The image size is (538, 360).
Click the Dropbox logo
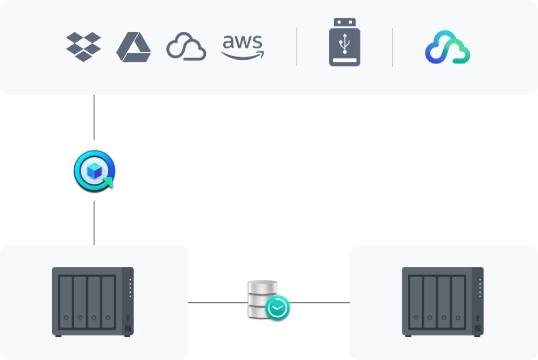pyautogui.click(x=83, y=47)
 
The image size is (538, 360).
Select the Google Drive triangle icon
pyautogui.click(x=133, y=47)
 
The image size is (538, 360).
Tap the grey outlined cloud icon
pyautogui.click(x=186, y=47)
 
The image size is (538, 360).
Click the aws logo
pyautogui.click(x=243, y=47)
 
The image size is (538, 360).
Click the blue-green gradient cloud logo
pyautogui.click(x=448, y=48)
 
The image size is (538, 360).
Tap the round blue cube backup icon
pyautogui.click(x=94, y=170)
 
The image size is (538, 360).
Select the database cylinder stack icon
pyautogui.click(x=263, y=299)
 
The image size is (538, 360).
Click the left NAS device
pyautogui.click(x=93, y=302)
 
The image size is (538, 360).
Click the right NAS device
pyautogui.click(x=443, y=302)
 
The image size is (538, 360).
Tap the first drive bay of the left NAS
pyautogui.click(x=66, y=302)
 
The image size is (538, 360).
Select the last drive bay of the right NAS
pyautogui.click(x=458, y=302)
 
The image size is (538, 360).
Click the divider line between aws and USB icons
pyautogui.click(x=296, y=47)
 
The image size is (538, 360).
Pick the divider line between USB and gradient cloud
pyautogui.click(x=393, y=47)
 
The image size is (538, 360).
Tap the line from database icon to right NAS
pyautogui.click(x=320, y=302)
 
